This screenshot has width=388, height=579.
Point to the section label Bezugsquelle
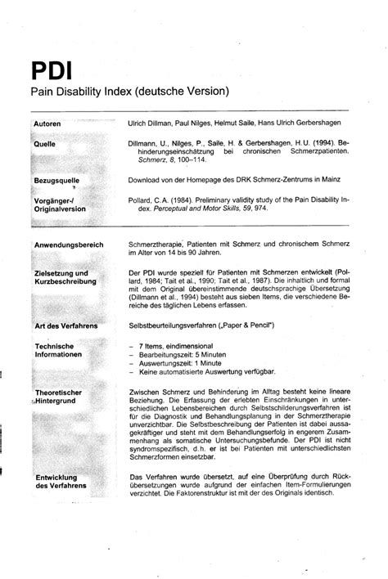(x=56, y=178)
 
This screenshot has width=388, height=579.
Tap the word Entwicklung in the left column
(x=56, y=477)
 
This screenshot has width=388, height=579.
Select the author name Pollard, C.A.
(x=151, y=198)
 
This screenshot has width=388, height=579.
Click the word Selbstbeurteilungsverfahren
(x=179, y=326)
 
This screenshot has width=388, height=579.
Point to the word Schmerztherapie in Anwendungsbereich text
(x=157, y=245)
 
